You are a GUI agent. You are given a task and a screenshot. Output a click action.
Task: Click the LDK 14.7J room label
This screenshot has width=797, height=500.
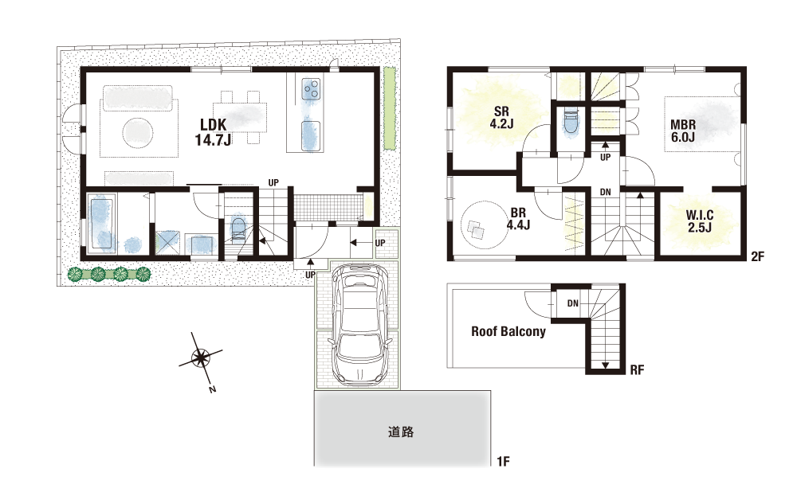click(214, 132)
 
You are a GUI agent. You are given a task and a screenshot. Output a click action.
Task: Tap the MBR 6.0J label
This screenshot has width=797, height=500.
click(683, 131)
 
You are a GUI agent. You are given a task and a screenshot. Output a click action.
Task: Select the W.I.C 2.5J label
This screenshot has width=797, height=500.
click(700, 221)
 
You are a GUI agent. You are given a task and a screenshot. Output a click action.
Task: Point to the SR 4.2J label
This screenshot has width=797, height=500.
click(501, 117)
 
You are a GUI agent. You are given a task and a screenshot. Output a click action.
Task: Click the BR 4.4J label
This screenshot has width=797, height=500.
click(519, 219)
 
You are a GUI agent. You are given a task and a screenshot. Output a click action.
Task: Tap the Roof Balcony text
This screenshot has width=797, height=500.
click(508, 332)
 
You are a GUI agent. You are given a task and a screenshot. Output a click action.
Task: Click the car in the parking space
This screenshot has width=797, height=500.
click(359, 322)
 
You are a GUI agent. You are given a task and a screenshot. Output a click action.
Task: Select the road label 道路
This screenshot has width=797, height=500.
click(401, 432)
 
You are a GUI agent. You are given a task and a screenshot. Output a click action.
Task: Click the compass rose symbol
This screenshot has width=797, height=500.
click(201, 359)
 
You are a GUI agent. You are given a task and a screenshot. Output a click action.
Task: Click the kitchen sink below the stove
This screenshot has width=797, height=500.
click(311, 135)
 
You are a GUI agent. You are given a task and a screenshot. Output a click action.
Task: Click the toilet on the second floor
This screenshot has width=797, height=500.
click(571, 123)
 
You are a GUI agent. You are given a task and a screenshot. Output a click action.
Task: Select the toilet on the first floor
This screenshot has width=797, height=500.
click(238, 230)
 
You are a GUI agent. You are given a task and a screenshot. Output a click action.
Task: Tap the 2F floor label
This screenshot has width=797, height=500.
click(757, 256)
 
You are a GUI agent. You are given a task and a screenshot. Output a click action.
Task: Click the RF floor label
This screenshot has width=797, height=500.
click(637, 370)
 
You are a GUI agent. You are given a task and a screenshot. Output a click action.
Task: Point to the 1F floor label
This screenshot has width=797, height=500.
click(503, 462)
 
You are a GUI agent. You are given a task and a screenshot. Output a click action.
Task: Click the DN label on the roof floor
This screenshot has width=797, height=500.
click(573, 303)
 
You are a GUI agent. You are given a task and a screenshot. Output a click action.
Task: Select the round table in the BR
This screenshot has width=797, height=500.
click(481, 225)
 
